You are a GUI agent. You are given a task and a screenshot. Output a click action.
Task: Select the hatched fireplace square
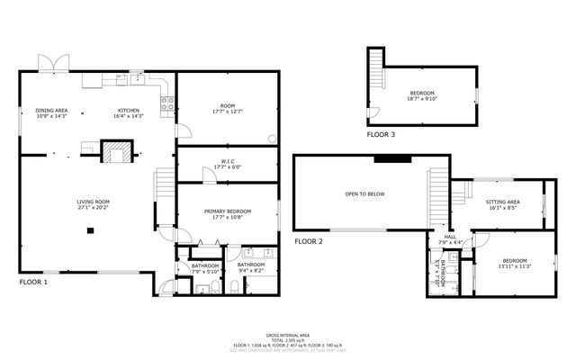click(114, 152)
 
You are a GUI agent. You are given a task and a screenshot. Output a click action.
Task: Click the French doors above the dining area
click(51, 64)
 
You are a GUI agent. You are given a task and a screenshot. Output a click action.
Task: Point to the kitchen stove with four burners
click(166, 105)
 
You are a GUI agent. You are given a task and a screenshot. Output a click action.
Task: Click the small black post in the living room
click(91, 230)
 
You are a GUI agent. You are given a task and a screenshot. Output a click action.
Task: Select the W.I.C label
click(227, 162)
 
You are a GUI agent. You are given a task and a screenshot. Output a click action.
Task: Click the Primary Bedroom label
click(227, 211)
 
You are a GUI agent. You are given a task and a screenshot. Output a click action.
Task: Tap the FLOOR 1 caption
click(33, 282)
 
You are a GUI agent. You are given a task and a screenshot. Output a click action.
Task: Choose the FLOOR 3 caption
click(380, 134)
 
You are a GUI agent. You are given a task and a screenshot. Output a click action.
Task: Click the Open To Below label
click(364, 193)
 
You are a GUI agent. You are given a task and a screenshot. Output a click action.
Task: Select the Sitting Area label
click(502, 202)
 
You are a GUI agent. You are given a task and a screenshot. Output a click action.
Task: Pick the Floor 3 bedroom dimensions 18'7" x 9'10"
click(423, 99)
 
